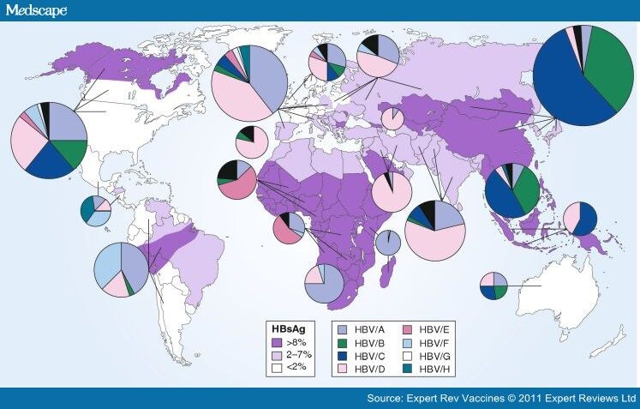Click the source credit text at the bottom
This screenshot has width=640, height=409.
(501, 399)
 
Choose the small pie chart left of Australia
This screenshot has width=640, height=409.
(493, 286)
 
